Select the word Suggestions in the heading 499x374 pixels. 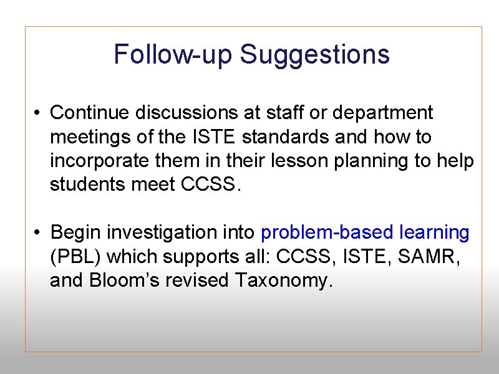click(315, 55)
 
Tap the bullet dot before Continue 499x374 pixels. click(38, 113)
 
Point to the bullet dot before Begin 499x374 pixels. click(38, 233)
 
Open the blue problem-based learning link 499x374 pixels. click(365, 233)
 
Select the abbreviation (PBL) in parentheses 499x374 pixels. click(73, 257)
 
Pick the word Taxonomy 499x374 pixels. click(281, 281)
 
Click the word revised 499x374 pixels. click(200, 280)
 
